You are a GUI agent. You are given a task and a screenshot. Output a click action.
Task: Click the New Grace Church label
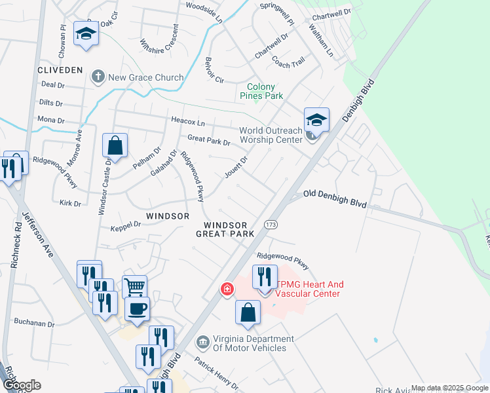(x=146, y=77)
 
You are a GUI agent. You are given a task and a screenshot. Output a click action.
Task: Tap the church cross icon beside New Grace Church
(x=98, y=77)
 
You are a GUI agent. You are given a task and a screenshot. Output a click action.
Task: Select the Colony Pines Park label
(x=265, y=91)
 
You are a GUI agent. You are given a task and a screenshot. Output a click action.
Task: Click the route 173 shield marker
(x=270, y=225)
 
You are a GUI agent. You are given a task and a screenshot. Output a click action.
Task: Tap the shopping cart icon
(x=134, y=286)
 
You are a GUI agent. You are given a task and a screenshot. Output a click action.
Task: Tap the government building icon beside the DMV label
(x=202, y=341)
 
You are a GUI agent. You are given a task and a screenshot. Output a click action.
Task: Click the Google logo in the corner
(x=22, y=385)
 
